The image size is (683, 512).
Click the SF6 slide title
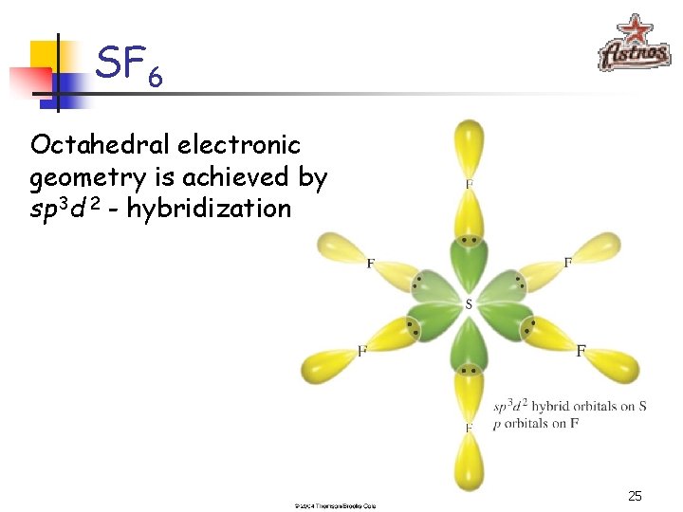pos(129,66)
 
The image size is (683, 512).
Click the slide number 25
pos(635,496)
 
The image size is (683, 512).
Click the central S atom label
pos(468,304)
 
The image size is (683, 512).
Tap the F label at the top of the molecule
pos(469,184)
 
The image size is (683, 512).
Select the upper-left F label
pos(370,264)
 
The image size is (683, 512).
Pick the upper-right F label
pos(567,263)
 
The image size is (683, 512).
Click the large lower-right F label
pos(581,351)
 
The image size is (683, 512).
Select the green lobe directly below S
pos(468,346)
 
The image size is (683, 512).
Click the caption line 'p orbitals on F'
pos(536,423)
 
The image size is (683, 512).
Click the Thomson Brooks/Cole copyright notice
pos(335,506)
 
